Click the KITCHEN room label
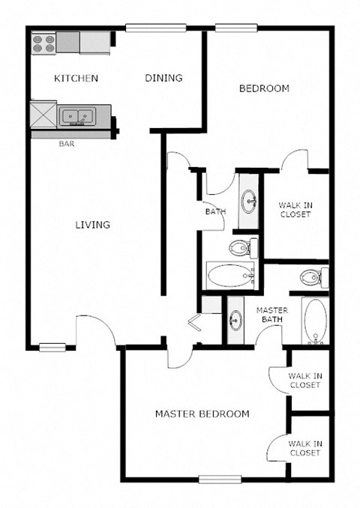tap(76, 79)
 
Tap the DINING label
tap(163, 78)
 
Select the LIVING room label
tap(92, 224)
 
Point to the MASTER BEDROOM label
tap(202, 414)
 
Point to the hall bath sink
tap(249, 200)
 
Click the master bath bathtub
tap(315, 320)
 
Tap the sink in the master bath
tap(235, 321)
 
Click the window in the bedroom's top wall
tap(236, 28)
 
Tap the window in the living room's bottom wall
tap(52, 346)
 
